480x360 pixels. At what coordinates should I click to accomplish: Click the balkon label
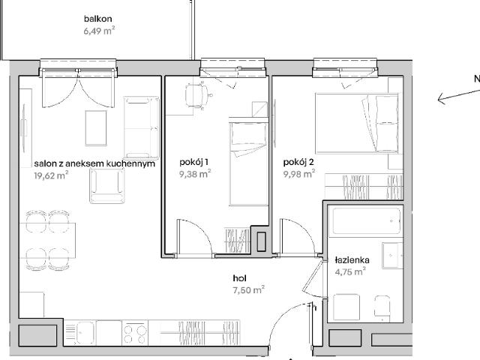pos(98,19)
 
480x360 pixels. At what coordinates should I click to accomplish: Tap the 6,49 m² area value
pos(99,31)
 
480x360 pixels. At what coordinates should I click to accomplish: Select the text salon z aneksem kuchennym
pos(94,163)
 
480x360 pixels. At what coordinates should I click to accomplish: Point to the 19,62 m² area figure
pos(51,175)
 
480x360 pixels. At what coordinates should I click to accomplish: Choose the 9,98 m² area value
pos(299,174)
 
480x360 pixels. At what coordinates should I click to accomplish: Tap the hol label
pos(240,278)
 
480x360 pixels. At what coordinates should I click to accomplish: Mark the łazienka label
pos(352,260)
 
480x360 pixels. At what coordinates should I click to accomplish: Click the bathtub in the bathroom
pos(367,221)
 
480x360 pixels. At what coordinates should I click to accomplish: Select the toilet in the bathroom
pos(382,307)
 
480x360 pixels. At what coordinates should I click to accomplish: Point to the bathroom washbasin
pos(392,255)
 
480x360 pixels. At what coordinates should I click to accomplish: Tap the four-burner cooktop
pos(135,333)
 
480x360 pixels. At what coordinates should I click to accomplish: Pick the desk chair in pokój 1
pos(197,96)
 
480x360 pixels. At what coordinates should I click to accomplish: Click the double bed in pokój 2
pos(357,123)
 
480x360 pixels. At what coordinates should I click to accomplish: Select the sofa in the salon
pos(142,127)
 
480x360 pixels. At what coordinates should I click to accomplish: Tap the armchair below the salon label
pos(107,185)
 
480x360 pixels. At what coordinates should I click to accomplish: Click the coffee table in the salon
pos(96,128)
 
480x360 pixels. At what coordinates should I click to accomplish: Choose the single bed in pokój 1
pos(249,163)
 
